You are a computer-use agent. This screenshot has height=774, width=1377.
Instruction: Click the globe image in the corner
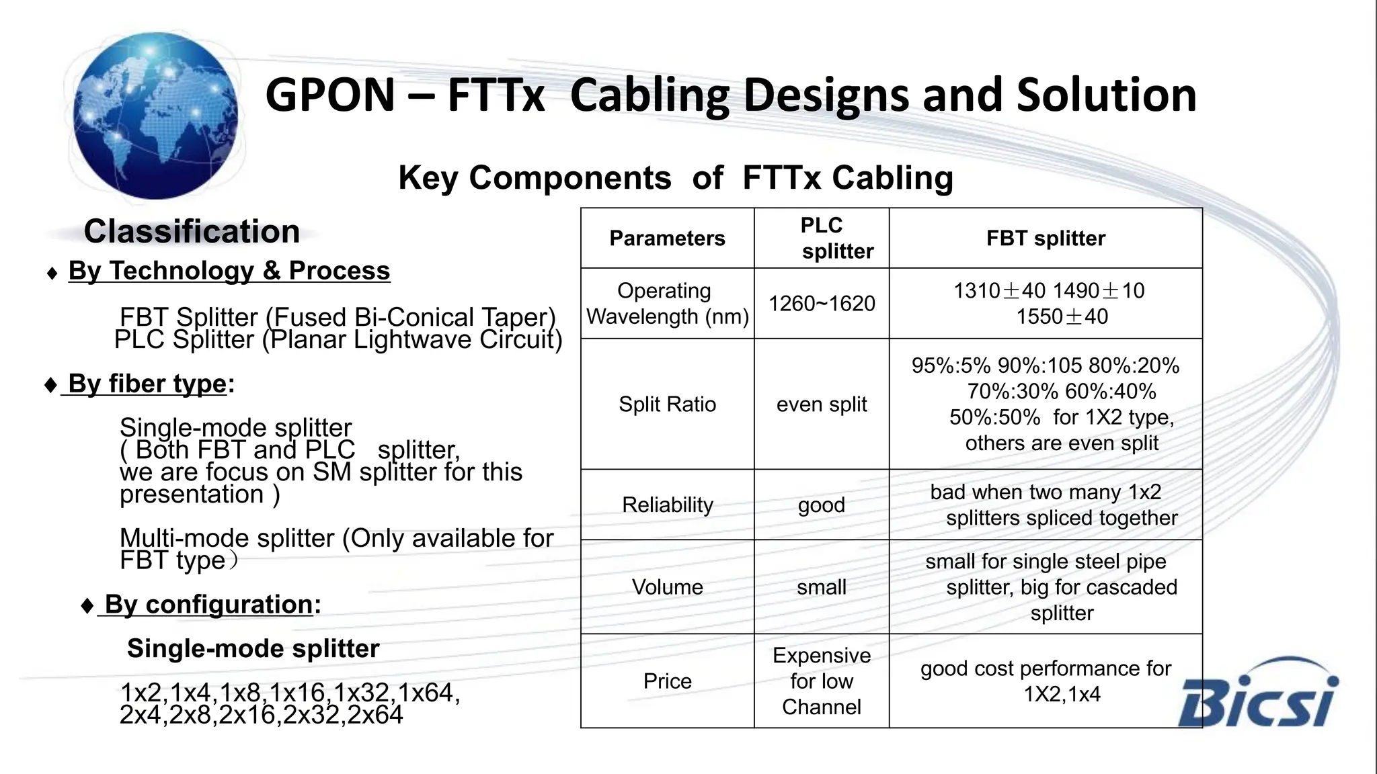tap(155, 116)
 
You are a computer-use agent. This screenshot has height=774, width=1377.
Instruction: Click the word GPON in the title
tap(329, 95)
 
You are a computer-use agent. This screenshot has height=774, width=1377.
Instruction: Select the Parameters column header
tap(667, 239)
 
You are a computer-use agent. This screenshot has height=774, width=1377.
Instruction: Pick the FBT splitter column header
tap(1046, 239)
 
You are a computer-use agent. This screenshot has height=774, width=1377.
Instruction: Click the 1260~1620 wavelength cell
tap(822, 304)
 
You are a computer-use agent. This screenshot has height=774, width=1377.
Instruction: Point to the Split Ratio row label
tap(667, 404)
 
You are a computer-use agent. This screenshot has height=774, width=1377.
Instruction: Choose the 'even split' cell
tap(822, 404)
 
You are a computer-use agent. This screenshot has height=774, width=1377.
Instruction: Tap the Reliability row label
tap(667, 505)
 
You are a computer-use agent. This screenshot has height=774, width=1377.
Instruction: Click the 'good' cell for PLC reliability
tap(822, 505)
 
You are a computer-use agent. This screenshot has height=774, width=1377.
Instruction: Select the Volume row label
tap(667, 587)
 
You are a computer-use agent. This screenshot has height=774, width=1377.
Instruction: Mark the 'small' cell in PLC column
tap(822, 587)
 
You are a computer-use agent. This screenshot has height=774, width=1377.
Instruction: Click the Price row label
tap(667, 681)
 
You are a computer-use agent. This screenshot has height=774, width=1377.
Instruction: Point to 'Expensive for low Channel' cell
tap(822, 681)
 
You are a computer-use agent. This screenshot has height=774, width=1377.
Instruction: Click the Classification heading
tap(192, 232)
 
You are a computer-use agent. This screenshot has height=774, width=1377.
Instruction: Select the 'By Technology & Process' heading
tap(229, 271)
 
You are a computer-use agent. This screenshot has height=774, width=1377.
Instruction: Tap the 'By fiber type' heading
tap(147, 384)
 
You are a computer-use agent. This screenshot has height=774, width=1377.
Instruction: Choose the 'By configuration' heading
tap(209, 605)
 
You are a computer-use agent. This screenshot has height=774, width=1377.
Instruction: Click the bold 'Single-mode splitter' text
tap(253, 649)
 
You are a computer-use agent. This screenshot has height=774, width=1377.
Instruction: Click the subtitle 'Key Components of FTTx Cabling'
tap(676, 178)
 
